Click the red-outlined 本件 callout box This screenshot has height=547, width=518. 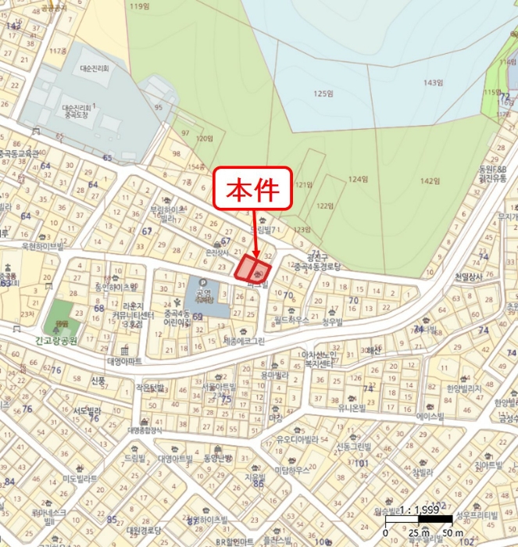(253, 188)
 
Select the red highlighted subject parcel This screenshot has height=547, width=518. (253, 270)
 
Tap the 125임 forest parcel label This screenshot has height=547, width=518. (323, 94)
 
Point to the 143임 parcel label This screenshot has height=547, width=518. (434, 82)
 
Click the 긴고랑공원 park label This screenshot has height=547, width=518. (59, 341)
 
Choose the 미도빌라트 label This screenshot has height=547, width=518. (79, 478)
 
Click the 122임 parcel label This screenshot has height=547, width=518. (324, 206)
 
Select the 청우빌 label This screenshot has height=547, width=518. (332, 320)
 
